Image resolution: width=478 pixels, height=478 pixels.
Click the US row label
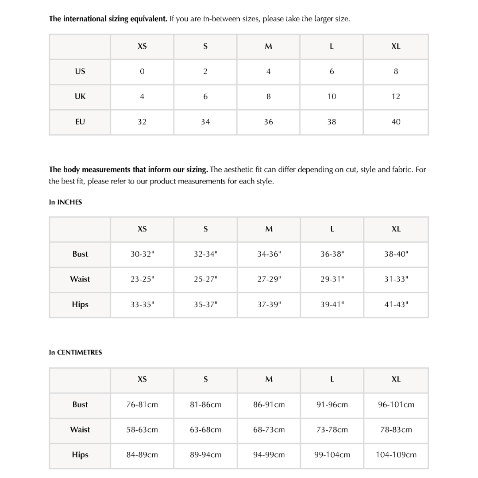pos(80,71)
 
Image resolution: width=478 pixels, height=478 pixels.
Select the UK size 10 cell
pos(332,96)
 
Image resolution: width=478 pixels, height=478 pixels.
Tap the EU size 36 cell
pos(268,122)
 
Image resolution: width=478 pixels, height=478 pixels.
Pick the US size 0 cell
pos(142,71)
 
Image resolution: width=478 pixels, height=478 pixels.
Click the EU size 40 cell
pos(396,122)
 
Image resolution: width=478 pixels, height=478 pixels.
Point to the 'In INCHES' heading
pos(66,202)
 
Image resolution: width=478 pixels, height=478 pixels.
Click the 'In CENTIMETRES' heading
pos(75,352)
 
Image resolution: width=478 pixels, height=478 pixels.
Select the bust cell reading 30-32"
pos(142,254)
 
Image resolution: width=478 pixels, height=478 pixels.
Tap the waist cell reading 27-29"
pos(269,279)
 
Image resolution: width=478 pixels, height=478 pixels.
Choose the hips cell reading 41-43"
pos(396,305)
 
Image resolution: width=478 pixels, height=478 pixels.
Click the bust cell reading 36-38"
pos(332,254)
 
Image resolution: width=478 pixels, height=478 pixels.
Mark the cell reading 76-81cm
pos(142,405)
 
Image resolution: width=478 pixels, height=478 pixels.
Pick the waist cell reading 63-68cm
pos(205,430)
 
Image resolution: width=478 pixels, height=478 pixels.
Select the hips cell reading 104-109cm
pos(396,455)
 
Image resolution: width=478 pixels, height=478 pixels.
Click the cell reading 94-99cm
pos(269,455)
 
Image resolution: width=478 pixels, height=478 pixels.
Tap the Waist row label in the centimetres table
pos(80,430)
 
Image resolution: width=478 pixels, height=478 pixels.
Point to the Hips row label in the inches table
pos(80,305)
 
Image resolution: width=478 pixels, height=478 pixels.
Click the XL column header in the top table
pos(396,46)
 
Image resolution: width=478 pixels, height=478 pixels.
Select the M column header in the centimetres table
pos(269,379)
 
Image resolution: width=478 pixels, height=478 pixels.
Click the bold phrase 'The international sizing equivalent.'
pos(108,19)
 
